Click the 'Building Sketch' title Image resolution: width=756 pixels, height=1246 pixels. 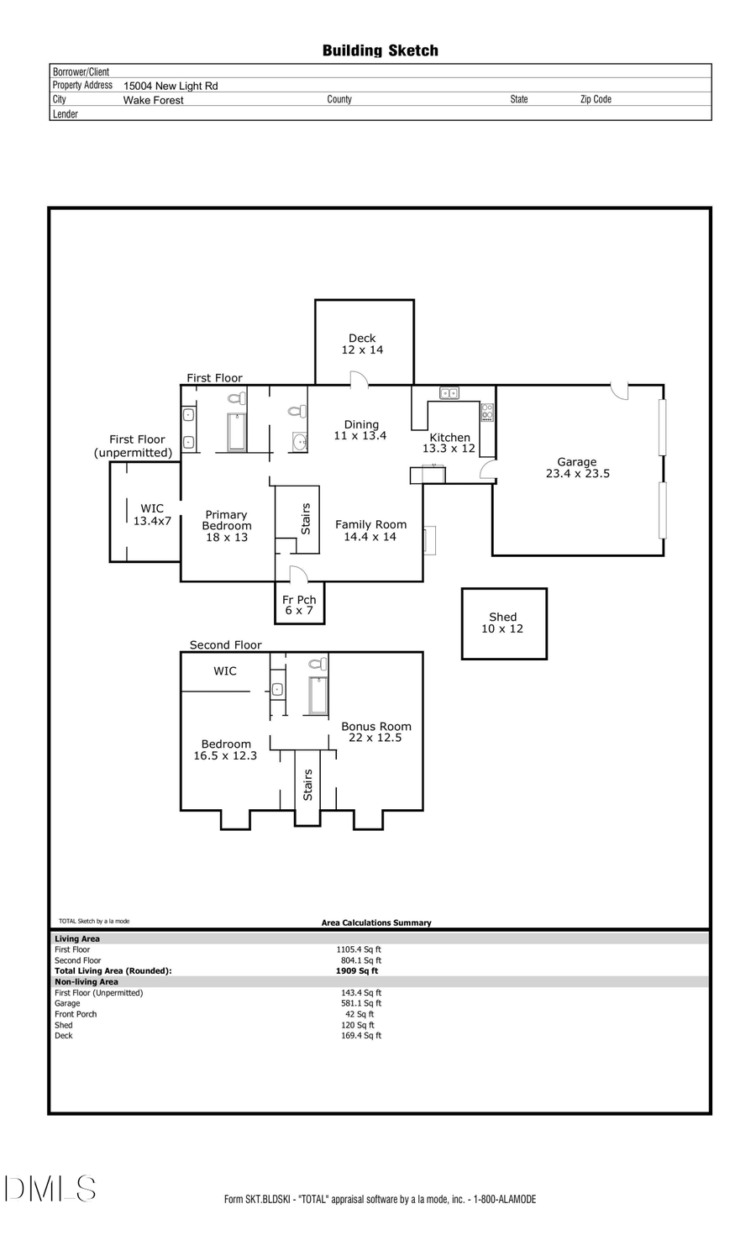(x=380, y=50)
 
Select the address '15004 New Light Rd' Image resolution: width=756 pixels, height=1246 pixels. (x=171, y=86)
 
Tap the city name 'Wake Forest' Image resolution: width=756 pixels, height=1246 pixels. (x=153, y=100)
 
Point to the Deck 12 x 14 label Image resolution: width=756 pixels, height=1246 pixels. (x=362, y=344)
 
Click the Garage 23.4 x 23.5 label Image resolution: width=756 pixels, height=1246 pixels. (x=577, y=467)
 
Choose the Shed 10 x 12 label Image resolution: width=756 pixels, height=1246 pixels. (x=502, y=623)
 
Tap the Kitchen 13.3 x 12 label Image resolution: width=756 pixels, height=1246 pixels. (x=449, y=443)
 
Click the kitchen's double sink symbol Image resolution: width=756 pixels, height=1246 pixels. (x=449, y=393)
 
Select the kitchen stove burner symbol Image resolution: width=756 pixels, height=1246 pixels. (x=487, y=413)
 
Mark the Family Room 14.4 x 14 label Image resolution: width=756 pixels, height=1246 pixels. (x=370, y=530)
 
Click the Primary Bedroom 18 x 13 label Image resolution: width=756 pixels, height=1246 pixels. (x=227, y=526)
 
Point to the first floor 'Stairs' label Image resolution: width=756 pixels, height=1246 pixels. (x=306, y=518)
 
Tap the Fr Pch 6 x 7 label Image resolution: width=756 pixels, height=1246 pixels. (x=299, y=605)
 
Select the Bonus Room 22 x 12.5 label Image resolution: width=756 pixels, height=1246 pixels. (x=375, y=732)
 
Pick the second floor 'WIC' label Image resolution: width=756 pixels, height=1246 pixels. (x=225, y=671)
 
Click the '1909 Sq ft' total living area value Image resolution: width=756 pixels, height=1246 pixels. (x=357, y=970)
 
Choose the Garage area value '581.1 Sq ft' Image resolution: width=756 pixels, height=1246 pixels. (x=361, y=1003)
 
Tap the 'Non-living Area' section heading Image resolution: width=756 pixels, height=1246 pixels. (x=87, y=981)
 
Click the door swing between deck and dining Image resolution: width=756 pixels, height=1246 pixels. (x=360, y=379)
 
